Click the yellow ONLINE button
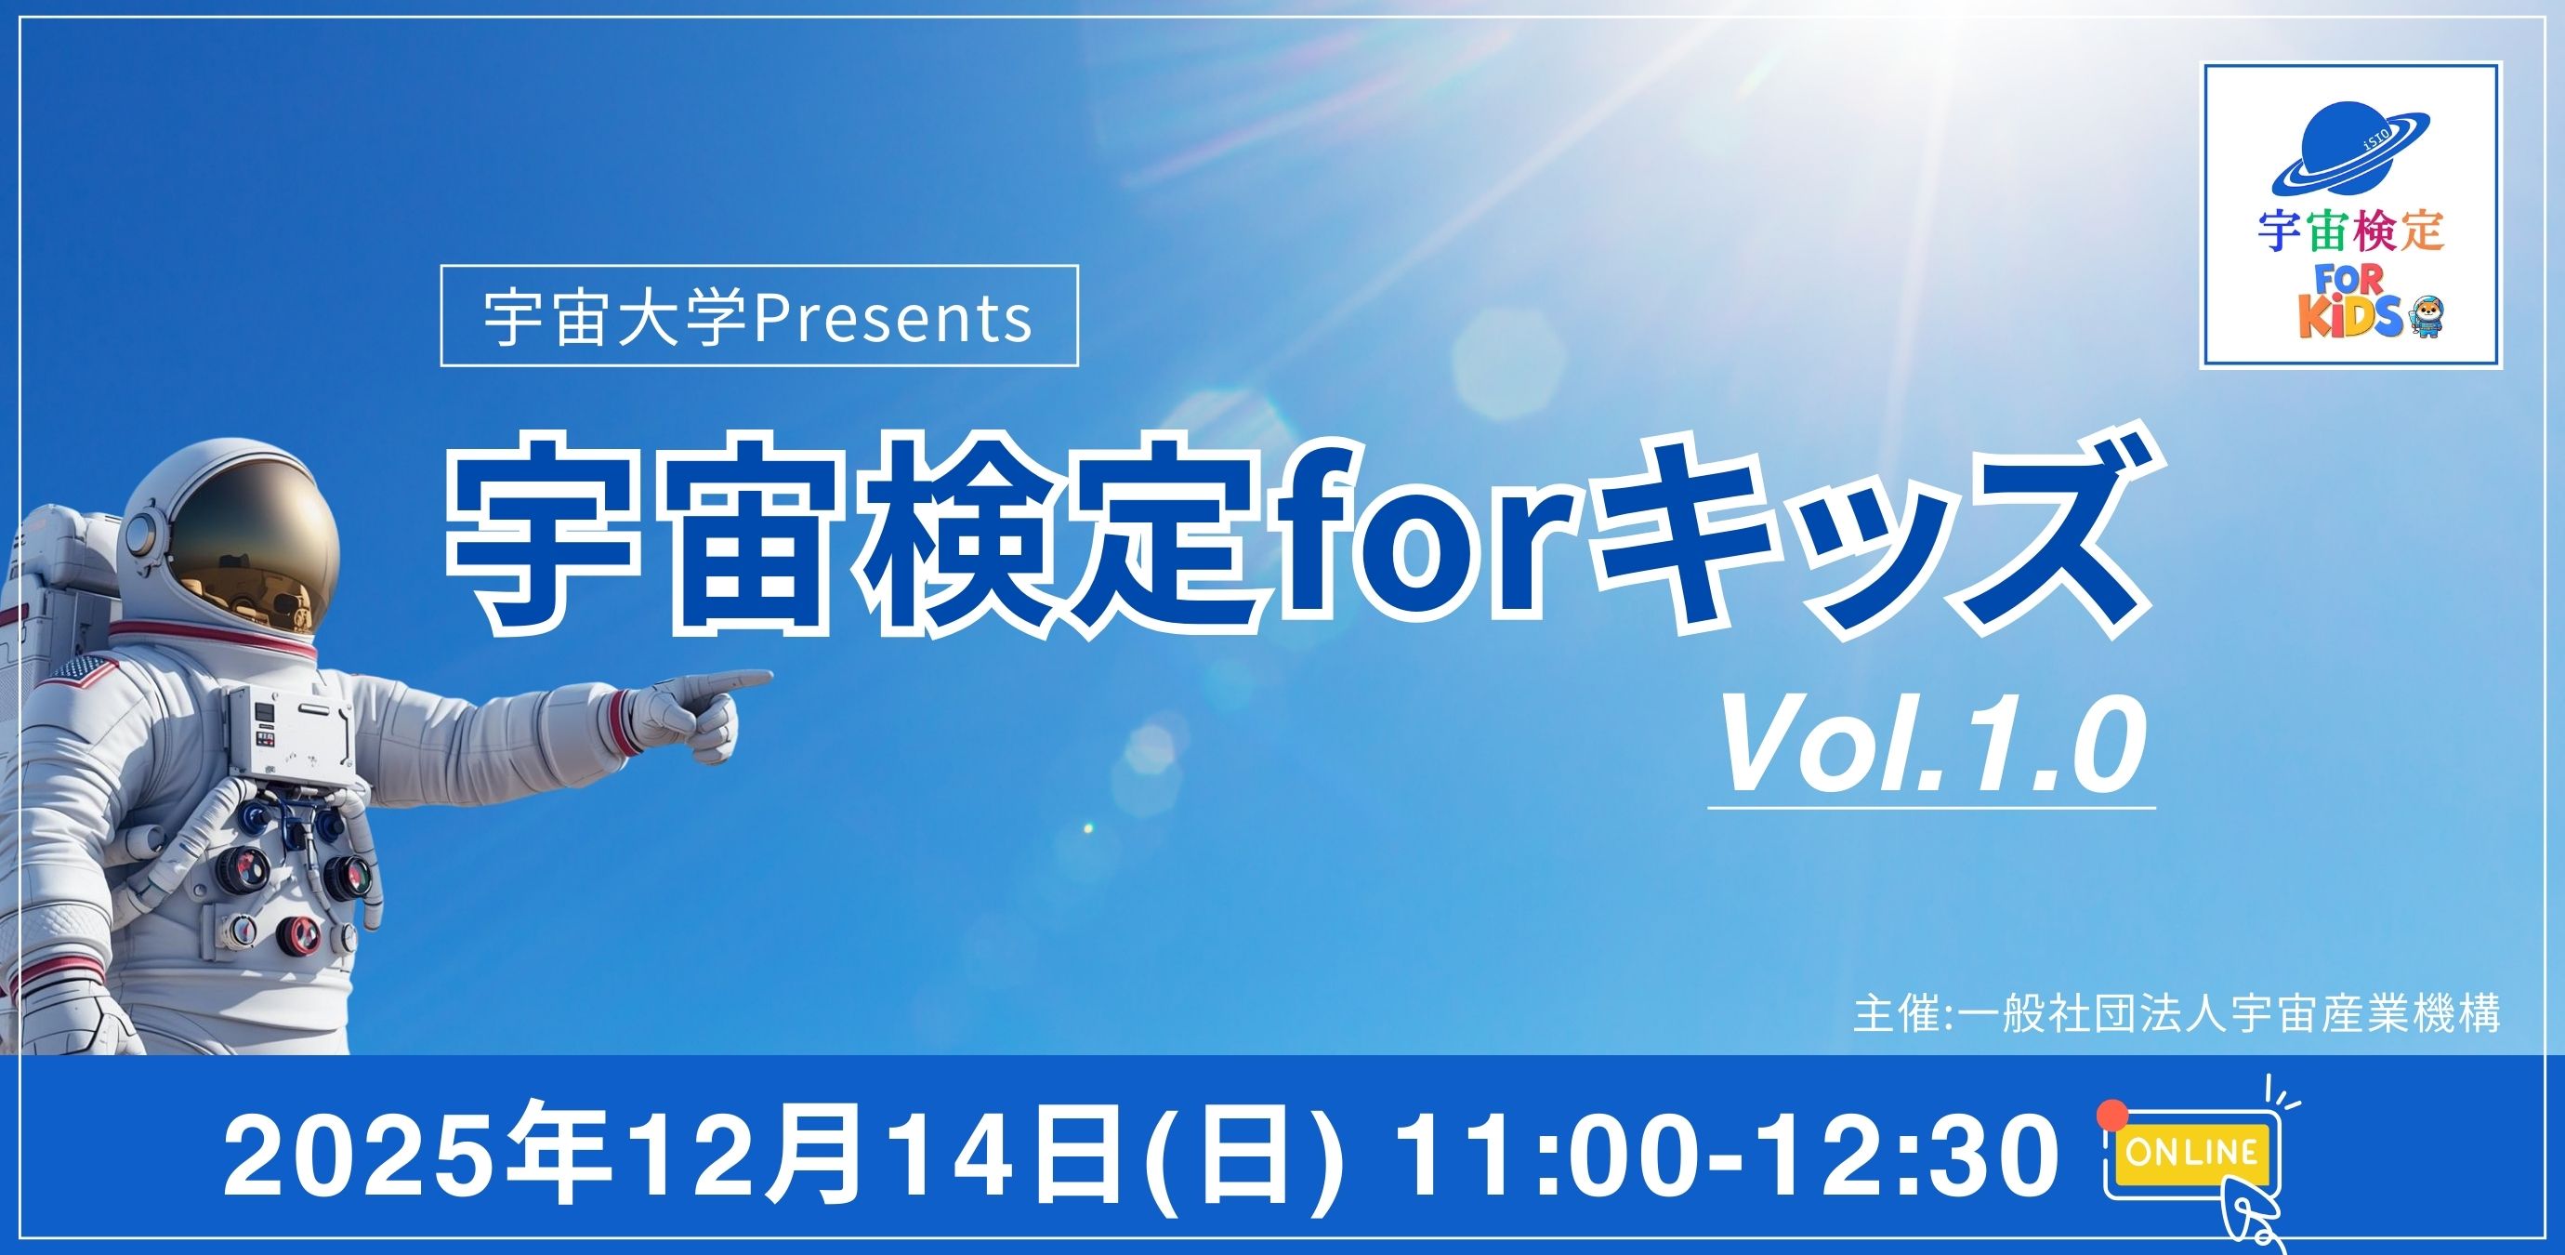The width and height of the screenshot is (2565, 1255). (2190, 1153)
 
